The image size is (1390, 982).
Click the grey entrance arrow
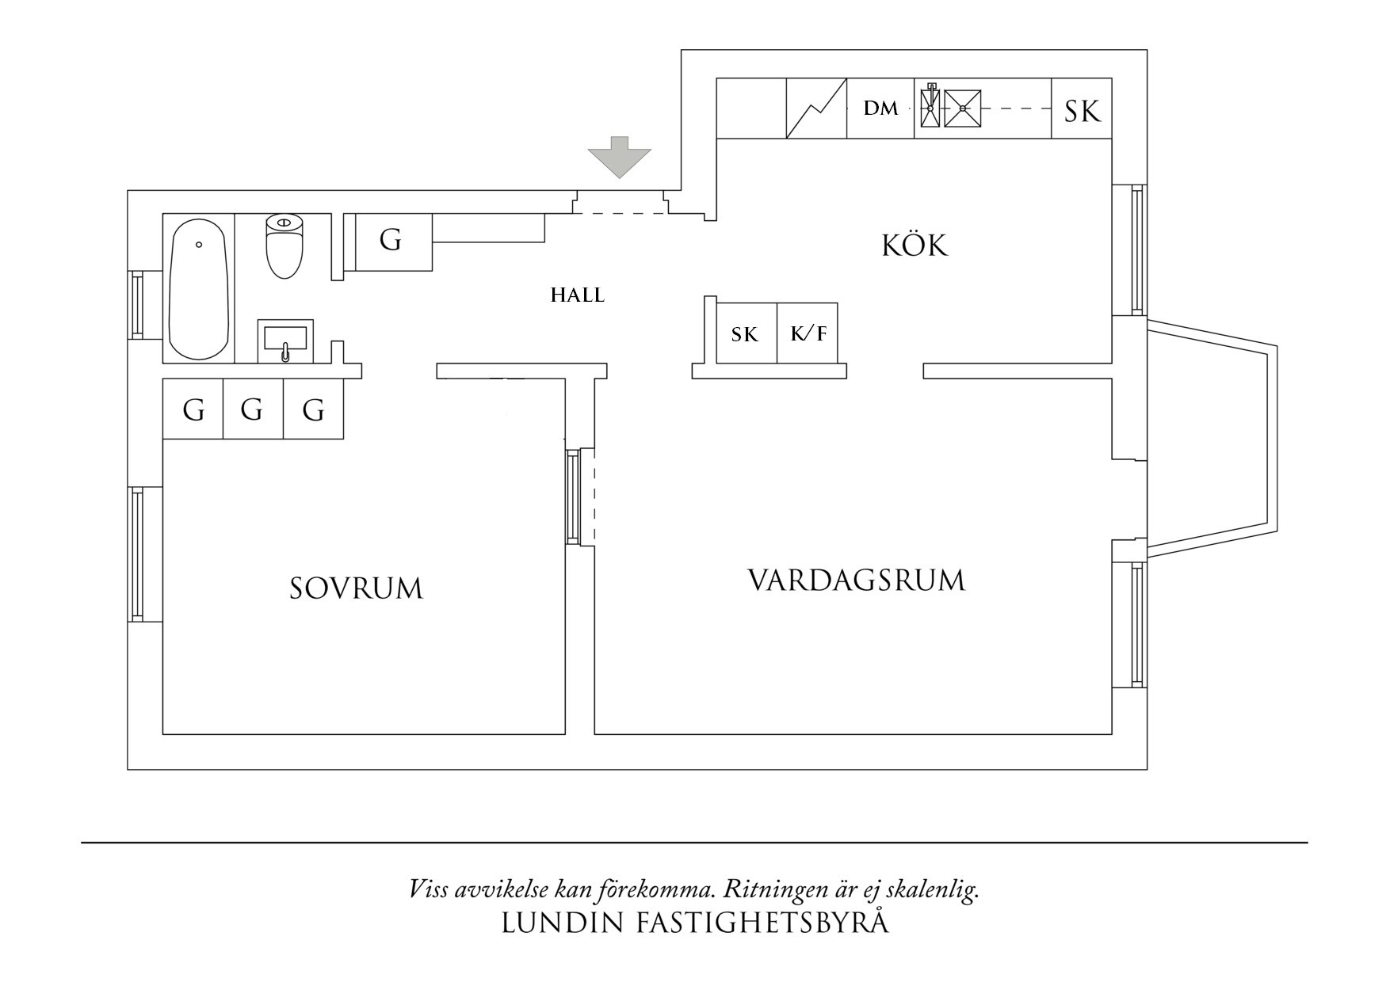pyautogui.click(x=619, y=157)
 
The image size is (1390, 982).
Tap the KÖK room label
pyautogui.click(x=915, y=246)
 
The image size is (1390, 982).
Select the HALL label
pyautogui.click(x=578, y=296)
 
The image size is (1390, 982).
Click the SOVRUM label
pyautogui.click(x=356, y=588)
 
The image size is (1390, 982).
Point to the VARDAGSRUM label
pyautogui.click(x=857, y=580)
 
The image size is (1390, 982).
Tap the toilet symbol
pyautogui.click(x=284, y=246)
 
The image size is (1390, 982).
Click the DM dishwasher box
pyautogui.click(x=880, y=108)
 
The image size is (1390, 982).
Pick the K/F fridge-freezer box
pyautogui.click(x=808, y=333)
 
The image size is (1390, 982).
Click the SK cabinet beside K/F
pyautogui.click(x=745, y=334)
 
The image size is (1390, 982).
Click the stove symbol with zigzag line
pyautogui.click(x=816, y=108)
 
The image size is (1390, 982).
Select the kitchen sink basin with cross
pyautogui.click(x=962, y=108)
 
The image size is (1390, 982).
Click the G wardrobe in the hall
pyautogui.click(x=390, y=240)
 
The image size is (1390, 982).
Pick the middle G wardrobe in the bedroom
pyautogui.click(x=253, y=409)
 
